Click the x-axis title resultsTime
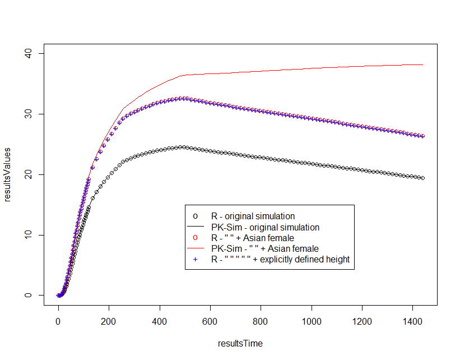pyautogui.click(x=240, y=343)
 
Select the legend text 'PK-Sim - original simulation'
pyautogui.click(x=265, y=228)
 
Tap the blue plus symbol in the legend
pyautogui.click(x=195, y=260)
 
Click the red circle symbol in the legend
pyautogui.click(x=195, y=238)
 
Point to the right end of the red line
pyautogui.click(x=422, y=64)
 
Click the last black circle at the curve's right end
pyautogui.click(x=422, y=178)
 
